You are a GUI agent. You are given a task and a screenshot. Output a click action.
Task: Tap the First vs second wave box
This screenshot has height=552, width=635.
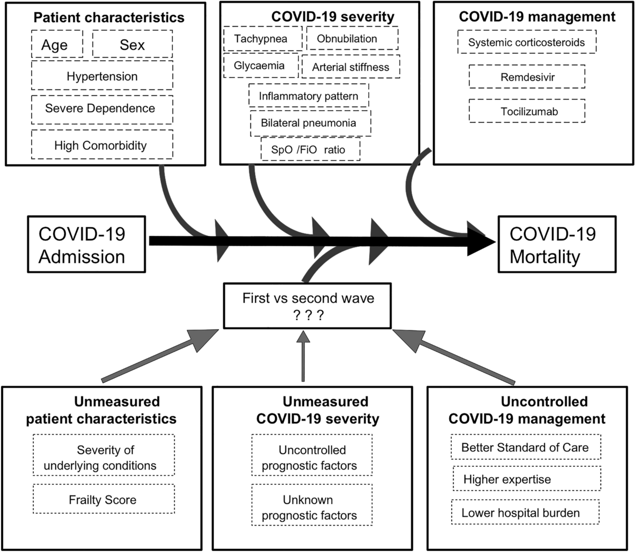308,306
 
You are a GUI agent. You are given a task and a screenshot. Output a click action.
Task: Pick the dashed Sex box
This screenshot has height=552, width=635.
132,44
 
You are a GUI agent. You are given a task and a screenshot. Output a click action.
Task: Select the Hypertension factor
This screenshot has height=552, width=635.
102,76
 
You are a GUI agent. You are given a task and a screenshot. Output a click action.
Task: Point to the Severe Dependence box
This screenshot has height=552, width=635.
102,108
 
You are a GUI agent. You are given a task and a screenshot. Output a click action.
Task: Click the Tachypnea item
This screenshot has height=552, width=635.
262,39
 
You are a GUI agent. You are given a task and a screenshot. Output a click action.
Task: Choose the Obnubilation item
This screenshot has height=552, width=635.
352,39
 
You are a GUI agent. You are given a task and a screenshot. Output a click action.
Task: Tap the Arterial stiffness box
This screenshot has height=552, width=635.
350,67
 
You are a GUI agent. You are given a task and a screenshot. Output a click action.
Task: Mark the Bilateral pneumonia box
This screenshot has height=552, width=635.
310,123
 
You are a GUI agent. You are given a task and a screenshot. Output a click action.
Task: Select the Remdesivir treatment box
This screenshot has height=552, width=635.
527,77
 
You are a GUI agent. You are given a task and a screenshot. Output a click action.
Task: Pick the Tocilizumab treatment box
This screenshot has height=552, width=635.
527,112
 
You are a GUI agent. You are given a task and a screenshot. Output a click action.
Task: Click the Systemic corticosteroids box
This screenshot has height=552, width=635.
527,42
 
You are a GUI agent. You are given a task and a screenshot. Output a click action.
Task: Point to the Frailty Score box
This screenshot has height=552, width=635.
103,499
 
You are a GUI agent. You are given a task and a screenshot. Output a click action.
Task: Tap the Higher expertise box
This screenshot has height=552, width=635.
526,479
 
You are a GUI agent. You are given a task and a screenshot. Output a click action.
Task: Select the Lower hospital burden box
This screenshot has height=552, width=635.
525,512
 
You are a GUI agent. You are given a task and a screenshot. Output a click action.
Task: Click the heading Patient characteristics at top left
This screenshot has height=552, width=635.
109,17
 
